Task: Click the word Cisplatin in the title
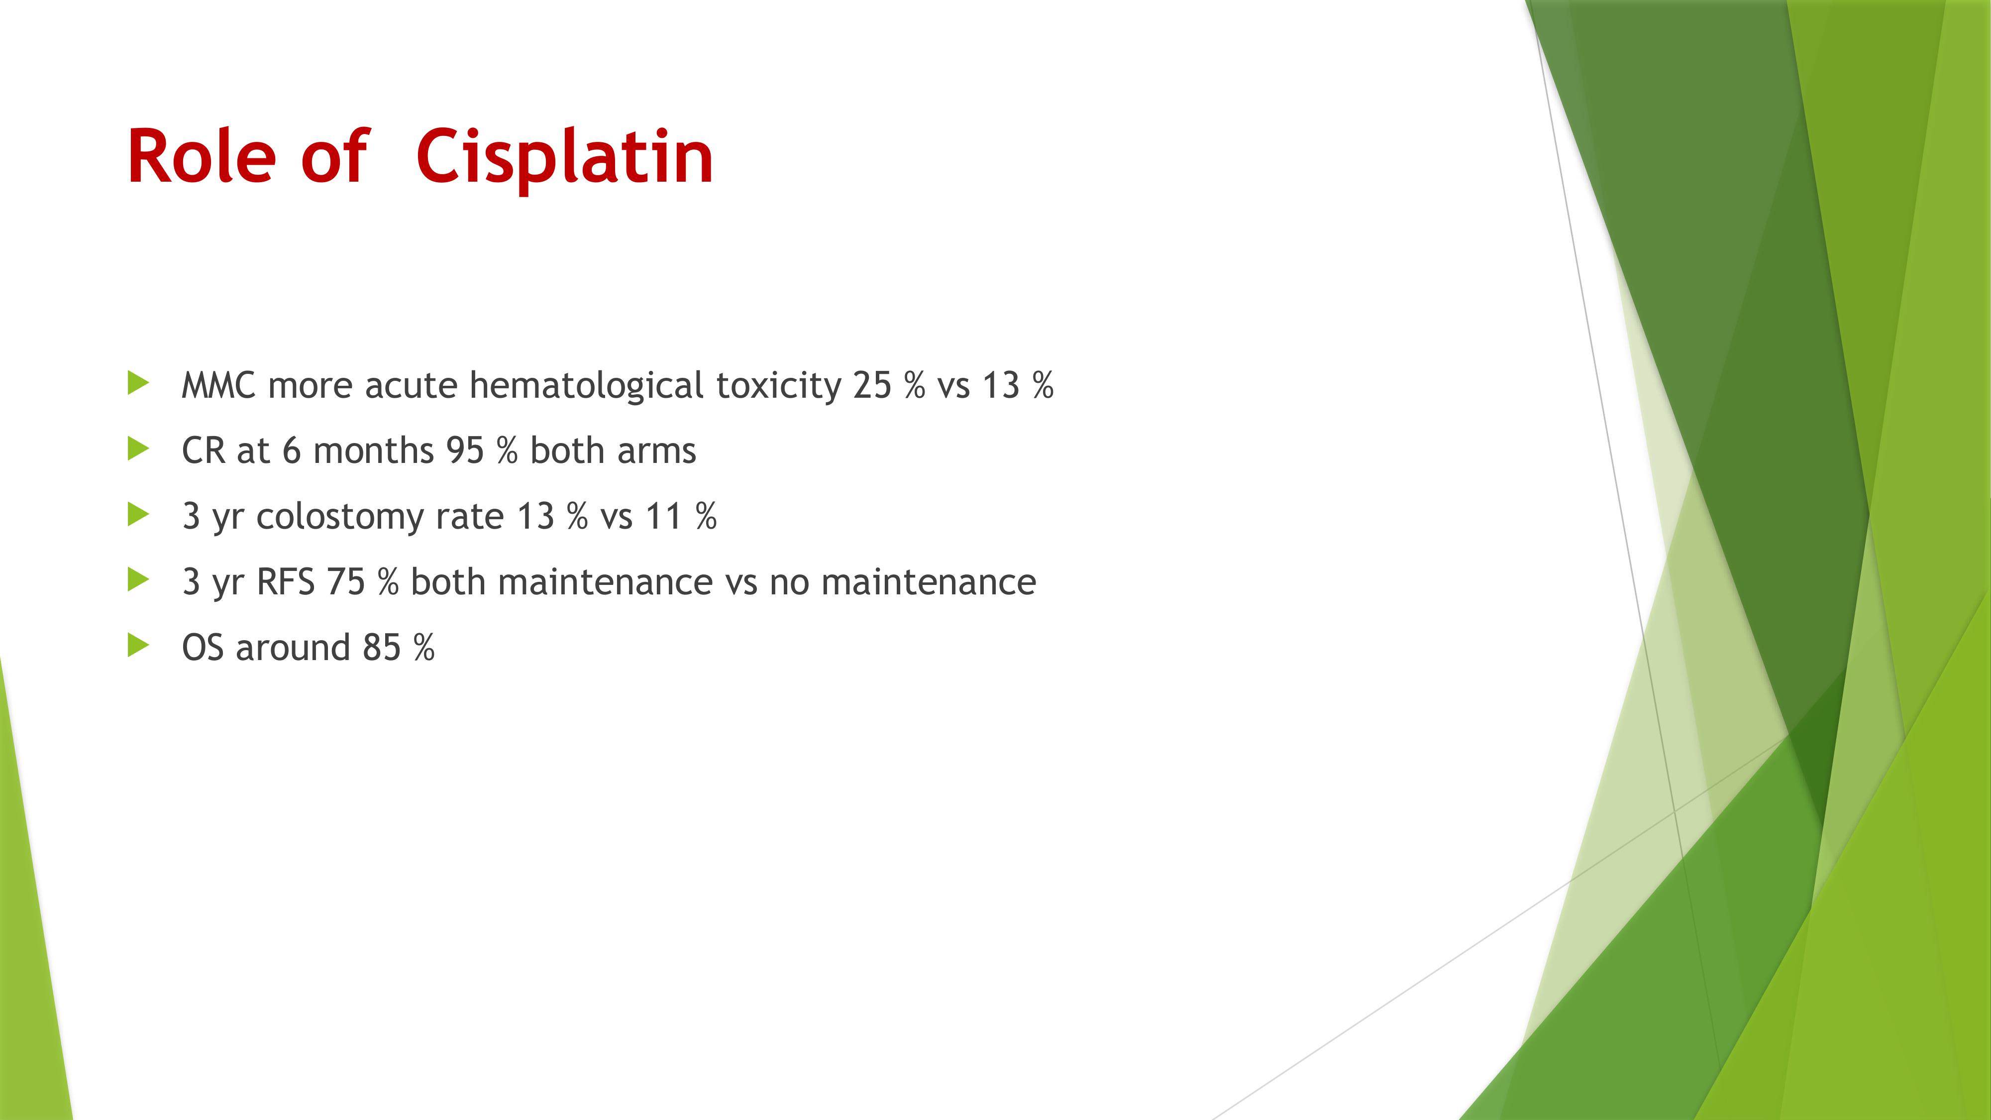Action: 564,157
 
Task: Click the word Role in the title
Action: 201,156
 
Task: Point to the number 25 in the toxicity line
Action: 873,385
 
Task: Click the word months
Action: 373,450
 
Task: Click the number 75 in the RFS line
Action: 345,582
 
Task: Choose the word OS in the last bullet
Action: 203,648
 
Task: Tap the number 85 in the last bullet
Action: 382,648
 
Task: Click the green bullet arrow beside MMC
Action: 137,383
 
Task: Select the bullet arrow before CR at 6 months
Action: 137,448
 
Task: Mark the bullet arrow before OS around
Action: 137,646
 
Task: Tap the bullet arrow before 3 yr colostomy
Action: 137,514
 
